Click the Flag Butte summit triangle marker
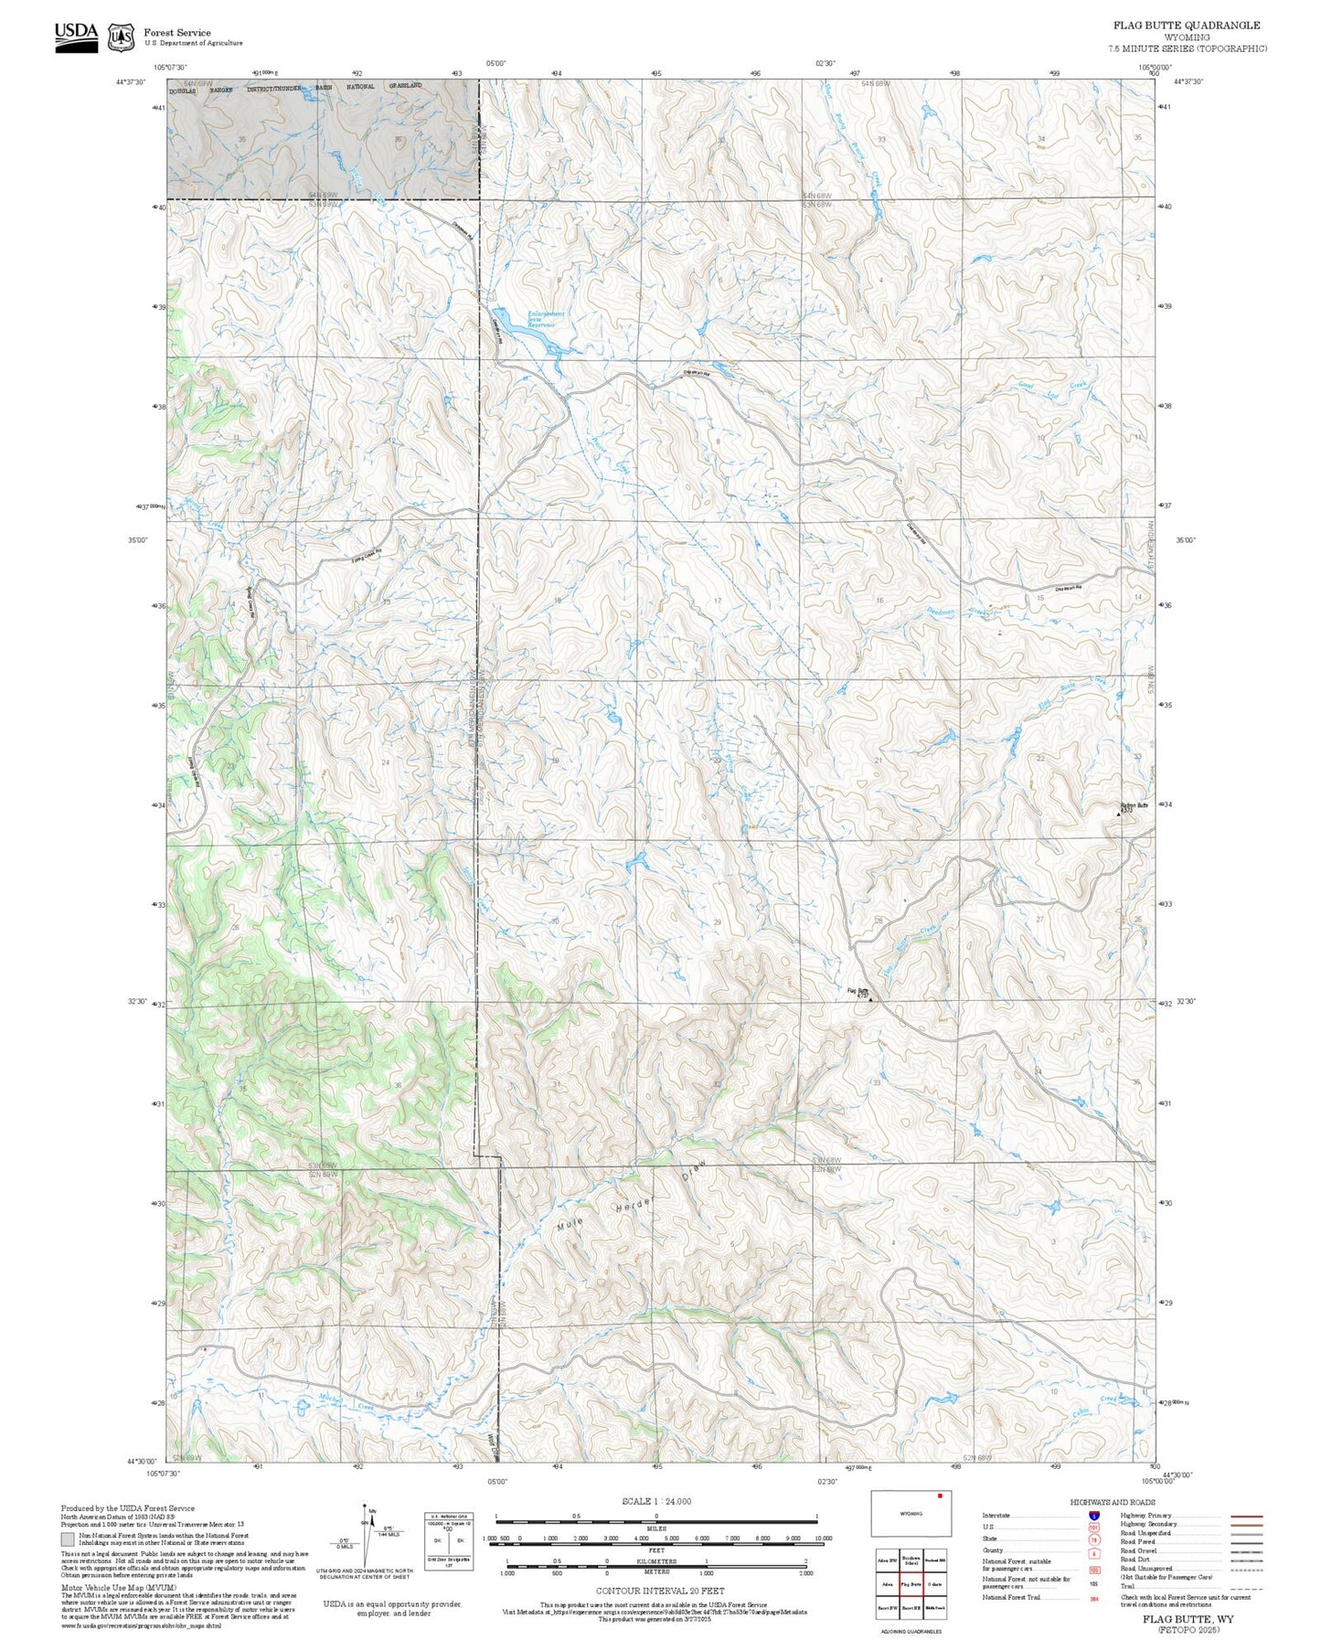click(870, 999)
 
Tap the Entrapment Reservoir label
click(546, 317)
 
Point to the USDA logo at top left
click(76, 37)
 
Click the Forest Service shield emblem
click(121, 37)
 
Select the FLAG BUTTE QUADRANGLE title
click(1186, 26)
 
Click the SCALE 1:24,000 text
click(656, 1501)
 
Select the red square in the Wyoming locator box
click(939, 1496)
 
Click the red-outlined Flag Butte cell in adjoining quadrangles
click(911, 1584)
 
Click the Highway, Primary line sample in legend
click(1246, 1516)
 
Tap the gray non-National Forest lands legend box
click(67, 1539)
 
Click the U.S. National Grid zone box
click(449, 1541)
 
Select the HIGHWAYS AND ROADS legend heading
click(1113, 1502)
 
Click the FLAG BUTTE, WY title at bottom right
click(1188, 1619)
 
